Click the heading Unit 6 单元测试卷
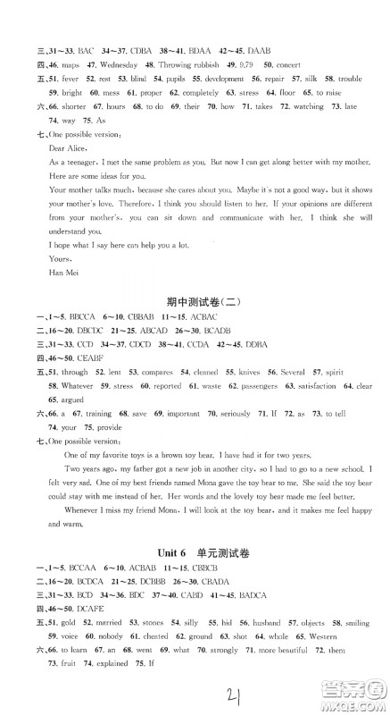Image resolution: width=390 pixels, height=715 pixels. click(195, 525)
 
